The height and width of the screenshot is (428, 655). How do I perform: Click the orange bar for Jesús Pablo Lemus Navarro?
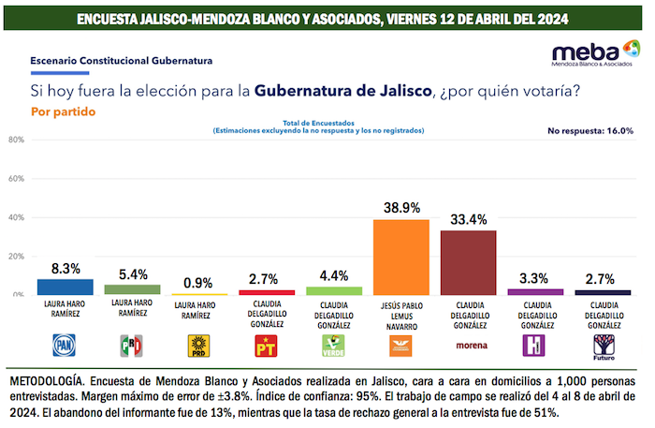point(400,257)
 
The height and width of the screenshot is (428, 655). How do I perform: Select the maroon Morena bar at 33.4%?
point(468,262)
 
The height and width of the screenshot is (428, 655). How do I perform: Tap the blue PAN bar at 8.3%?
point(65,287)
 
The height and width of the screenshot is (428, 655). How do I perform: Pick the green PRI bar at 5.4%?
point(131,289)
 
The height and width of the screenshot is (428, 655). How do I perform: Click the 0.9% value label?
point(198,282)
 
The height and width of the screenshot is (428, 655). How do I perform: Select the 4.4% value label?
point(333,275)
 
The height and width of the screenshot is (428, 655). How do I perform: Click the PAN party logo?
point(65,347)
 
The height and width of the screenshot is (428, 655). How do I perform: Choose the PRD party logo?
point(198,347)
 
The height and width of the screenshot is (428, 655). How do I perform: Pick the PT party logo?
point(266,347)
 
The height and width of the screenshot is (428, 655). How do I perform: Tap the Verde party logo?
point(333,347)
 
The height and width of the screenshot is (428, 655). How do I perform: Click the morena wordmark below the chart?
point(468,346)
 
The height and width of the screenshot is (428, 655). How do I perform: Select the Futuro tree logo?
point(602,347)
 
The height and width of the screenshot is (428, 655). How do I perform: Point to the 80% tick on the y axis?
point(17,140)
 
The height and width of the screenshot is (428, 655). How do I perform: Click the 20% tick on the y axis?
point(17,256)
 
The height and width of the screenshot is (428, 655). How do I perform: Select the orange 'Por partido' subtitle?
point(63,111)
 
